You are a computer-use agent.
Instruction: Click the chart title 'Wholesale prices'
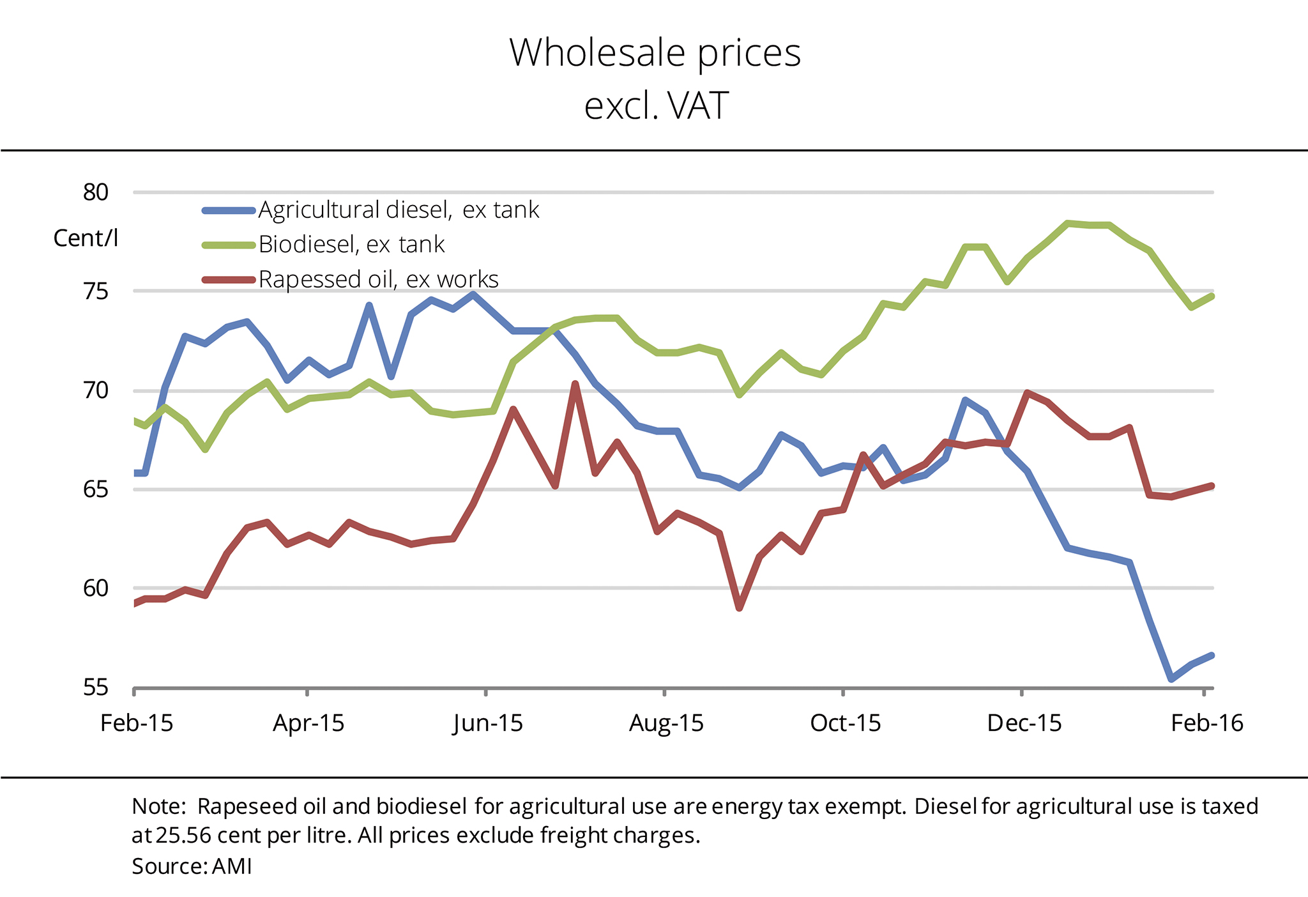pos(655,52)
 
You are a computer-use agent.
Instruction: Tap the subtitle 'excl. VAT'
pos(656,105)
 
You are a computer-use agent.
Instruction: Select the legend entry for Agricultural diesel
pos(399,210)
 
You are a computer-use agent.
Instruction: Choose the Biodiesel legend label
pos(351,245)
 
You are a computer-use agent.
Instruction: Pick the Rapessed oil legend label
pos(378,279)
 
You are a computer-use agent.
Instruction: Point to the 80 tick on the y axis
pos(96,192)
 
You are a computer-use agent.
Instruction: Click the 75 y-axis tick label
pos(96,291)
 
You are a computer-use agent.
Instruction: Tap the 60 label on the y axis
pos(96,588)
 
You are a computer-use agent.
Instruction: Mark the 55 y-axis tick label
pos(96,687)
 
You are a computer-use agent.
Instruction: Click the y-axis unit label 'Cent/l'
pos(86,238)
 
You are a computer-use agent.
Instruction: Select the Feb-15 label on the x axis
pos(137,723)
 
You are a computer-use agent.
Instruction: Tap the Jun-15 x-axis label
pos(488,723)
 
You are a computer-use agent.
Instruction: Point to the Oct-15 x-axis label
pos(845,723)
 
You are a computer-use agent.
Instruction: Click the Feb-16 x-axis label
pos(1206,723)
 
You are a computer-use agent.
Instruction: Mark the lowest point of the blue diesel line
pos(1171,679)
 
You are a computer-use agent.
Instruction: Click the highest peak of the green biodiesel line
pos(1067,223)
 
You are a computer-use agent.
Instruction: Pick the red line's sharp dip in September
pos(740,608)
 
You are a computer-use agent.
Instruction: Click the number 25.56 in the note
pos(182,836)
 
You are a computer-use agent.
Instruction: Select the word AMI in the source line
pos(232,866)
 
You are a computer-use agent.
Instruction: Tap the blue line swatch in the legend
pos(229,210)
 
